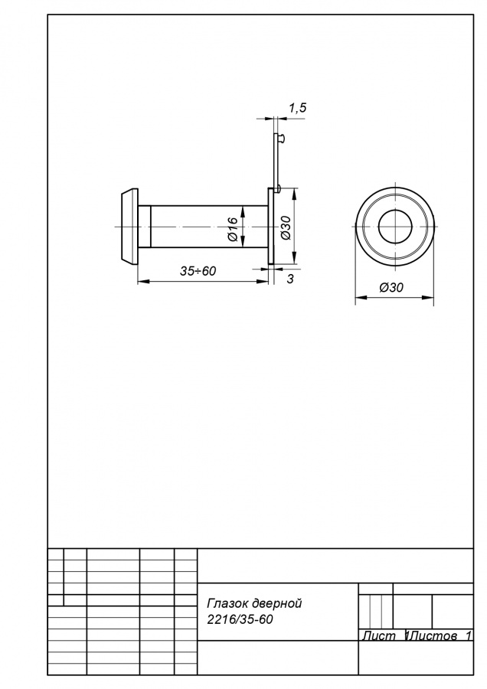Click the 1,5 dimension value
click(x=298, y=108)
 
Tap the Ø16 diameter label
click(x=233, y=229)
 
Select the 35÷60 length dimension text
click(x=198, y=271)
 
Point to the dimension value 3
click(x=290, y=279)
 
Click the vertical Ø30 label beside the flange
click(x=286, y=227)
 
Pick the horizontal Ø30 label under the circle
click(x=391, y=287)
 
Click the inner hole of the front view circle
click(x=394, y=227)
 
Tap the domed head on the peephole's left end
click(x=129, y=227)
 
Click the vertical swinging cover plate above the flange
click(x=276, y=161)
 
